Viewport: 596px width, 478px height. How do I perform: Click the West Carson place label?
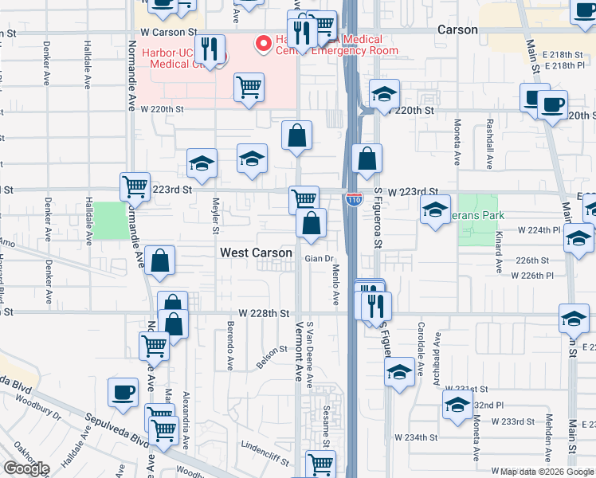[255, 253]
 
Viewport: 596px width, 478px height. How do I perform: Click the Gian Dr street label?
[318, 259]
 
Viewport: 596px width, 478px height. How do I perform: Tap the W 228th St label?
[261, 315]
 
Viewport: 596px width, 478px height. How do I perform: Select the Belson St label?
[272, 351]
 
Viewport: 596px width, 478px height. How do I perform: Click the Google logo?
[26, 468]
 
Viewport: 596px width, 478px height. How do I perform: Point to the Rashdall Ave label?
[488, 143]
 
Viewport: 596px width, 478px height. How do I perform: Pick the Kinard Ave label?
[499, 253]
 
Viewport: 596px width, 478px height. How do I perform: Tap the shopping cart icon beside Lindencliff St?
[320, 462]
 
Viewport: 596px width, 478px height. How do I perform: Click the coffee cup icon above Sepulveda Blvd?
[123, 392]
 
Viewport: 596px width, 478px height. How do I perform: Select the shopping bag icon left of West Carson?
[160, 261]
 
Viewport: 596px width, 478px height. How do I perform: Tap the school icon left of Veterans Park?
[435, 210]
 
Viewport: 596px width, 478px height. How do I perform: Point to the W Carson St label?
[168, 32]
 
